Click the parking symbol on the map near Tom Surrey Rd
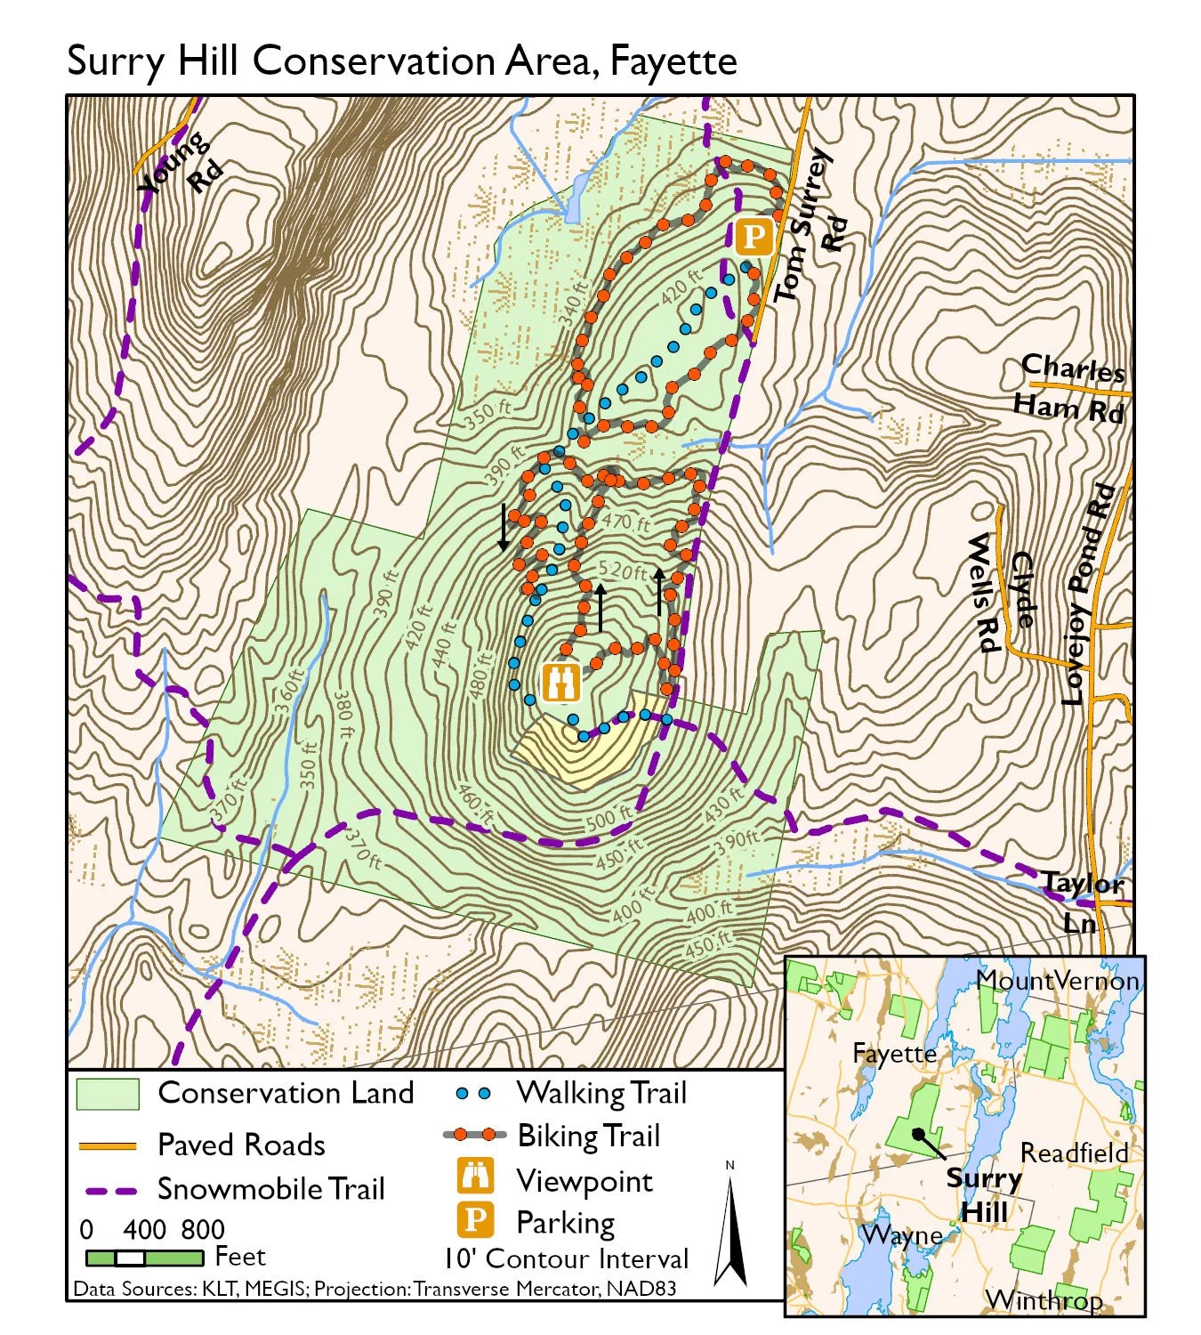pyautogui.click(x=754, y=237)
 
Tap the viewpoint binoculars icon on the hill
pyautogui.click(x=561, y=683)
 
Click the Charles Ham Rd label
pyautogui.click(x=1071, y=387)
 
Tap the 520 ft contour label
pyautogui.click(x=622, y=570)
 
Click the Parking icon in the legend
pyautogui.click(x=475, y=1219)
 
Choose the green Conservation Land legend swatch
pyautogui.click(x=108, y=1094)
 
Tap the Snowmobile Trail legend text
pyautogui.click(x=270, y=1188)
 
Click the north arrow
pyautogui.click(x=731, y=1229)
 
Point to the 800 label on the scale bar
pyautogui.click(x=203, y=1229)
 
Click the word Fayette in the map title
pyautogui.click(x=673, y=61)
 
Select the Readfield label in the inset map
pyautogui.click(x=1073, y=1153)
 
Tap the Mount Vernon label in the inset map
pyautogui.click(x=1057, y=980)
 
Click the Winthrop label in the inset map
pyautogui.click(x=1044, y=1299)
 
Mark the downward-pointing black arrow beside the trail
pyautogui.click(x=504, y=528)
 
